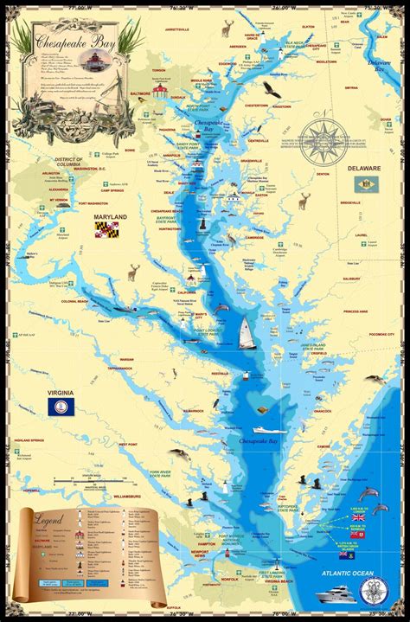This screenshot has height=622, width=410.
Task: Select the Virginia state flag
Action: [61, 407]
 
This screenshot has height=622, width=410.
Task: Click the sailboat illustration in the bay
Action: [245, 330]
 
